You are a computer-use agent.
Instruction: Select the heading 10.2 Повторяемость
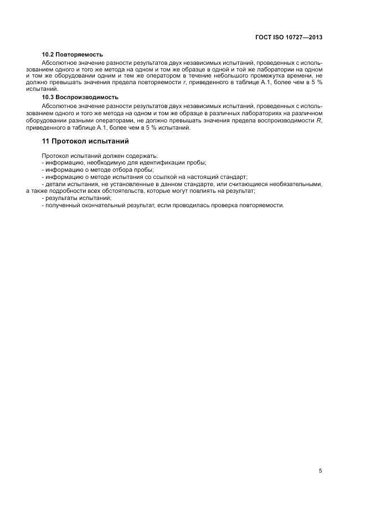(73, 54)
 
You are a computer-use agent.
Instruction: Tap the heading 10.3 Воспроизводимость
(80, 97)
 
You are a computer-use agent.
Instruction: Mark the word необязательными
(293, 183)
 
